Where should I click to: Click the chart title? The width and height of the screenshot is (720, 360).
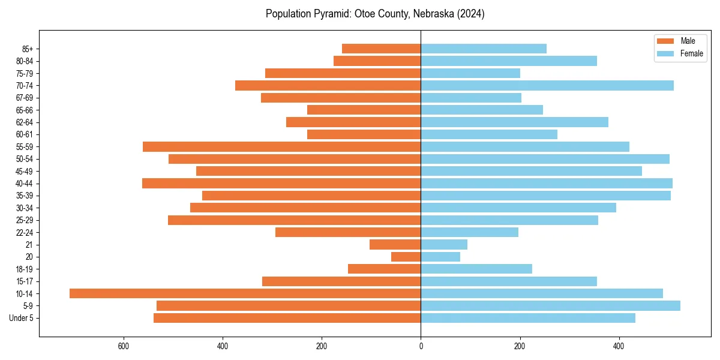click(375, 14)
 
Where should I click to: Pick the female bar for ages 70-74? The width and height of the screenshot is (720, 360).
click(547, 85)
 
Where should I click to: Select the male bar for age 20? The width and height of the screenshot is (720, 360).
click(406, 257)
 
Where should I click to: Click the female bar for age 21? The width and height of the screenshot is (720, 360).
click(444, 244)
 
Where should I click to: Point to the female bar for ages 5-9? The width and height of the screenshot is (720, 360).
click(550, 305)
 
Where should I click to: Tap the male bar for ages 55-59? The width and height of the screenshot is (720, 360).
click(282, 146)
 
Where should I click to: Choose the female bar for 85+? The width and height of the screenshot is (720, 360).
click(484, 49)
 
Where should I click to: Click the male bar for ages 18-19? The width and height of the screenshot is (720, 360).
click(384, 269)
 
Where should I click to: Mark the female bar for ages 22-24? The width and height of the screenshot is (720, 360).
click(469, 232)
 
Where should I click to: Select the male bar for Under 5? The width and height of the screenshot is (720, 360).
click(287, 318)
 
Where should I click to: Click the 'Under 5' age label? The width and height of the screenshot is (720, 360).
click(21, 318)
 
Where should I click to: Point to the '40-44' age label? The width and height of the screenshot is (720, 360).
click(24, 184)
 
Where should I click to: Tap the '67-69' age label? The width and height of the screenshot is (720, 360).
click(24, 98)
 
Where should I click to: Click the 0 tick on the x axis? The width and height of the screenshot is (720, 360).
click(421, 346)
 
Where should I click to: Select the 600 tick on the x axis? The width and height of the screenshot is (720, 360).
click(124, 346)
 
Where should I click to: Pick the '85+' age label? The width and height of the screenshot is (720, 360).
click(26, 49)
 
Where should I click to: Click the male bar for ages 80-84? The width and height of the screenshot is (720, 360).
click(377, 61)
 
